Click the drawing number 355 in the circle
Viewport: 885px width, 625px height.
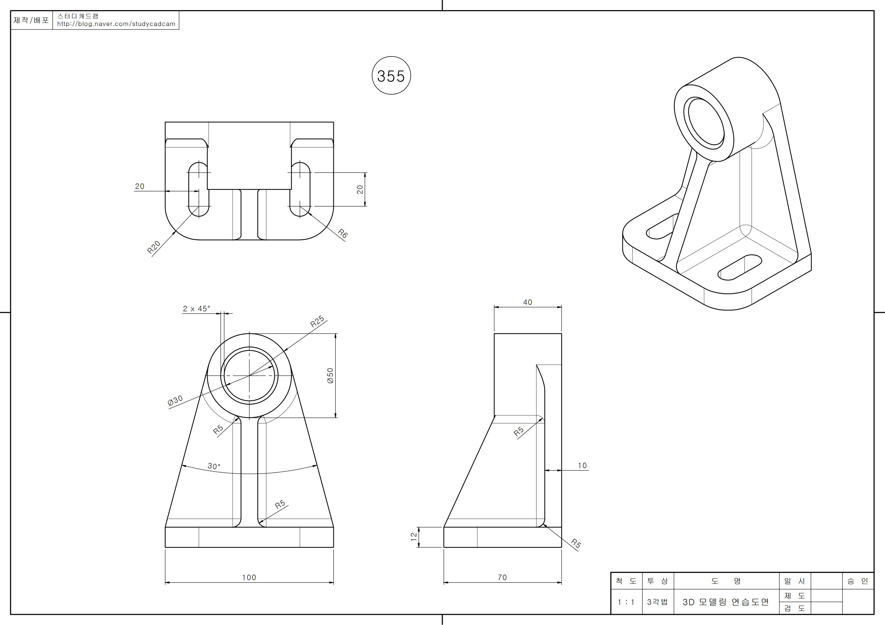click(391, 76)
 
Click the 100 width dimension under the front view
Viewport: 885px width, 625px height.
click(249, 577)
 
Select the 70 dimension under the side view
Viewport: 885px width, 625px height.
click(502, 577)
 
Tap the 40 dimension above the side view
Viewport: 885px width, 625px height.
click(527, 302)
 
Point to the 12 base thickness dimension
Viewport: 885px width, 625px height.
click(414, 537)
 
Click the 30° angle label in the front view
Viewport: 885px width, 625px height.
click(214, 466)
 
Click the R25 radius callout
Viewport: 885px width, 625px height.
click(317, 321)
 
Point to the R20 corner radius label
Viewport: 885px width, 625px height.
click(154, 247)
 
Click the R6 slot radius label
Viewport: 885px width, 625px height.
click(343, 233)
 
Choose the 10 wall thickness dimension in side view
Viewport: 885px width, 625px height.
click(582, 465)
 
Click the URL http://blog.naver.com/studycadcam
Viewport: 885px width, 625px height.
click(116, 24)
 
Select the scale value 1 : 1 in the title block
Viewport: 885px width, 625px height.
click(626, 602)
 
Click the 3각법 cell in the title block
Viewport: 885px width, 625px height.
click(657, 602)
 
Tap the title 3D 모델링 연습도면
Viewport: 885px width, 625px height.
click(726, 602)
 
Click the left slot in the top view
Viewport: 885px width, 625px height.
click(199, 189)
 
